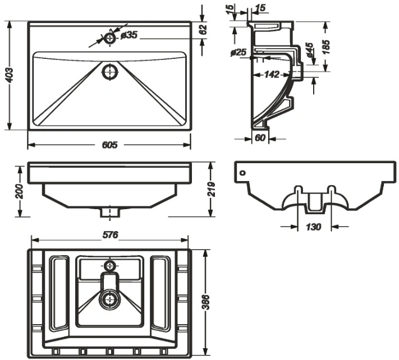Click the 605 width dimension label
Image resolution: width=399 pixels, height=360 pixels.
tap(109, 145)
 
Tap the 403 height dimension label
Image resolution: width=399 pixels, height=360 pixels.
tap(10, 75)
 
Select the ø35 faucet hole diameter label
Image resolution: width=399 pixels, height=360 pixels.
tap(129, 35)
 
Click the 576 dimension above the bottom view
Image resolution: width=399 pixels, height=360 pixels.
tap(111, 235)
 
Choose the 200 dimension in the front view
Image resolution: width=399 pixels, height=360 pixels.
tap(19, 192)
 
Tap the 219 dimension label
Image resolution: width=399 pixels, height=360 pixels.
tap(212, 189)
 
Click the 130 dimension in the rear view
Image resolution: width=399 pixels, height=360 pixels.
tap(314, 227)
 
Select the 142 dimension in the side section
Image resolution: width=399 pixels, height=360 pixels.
tap(272, 75)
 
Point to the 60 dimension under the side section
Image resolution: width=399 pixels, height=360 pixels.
tap(260, 138)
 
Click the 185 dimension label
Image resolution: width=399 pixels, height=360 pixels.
tap(326, 47)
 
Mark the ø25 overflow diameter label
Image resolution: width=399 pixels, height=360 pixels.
tap(238, 52)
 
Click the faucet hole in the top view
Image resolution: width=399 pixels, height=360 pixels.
tap(110, 38)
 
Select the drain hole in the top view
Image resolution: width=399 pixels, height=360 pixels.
tap(110, 72)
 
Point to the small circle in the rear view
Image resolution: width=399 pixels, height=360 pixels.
tap(243, 173)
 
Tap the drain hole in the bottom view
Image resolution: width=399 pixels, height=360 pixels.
tap(110, 300)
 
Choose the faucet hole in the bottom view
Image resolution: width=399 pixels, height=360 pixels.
tap(110, 266)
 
